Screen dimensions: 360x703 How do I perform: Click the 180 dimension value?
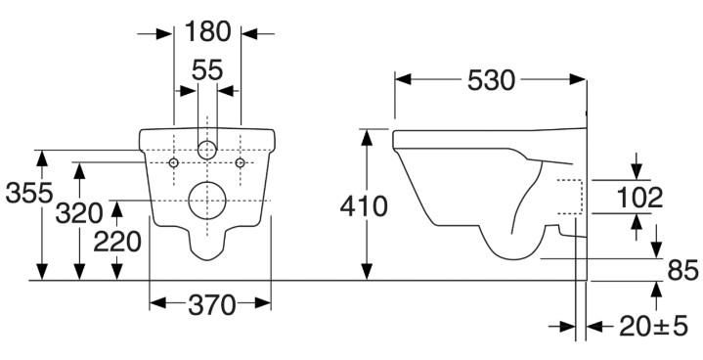(207, 31)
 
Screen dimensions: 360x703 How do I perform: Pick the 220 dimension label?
(117, 241)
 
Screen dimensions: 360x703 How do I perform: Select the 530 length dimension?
(489, 80)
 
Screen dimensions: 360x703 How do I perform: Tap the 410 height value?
(364, 206)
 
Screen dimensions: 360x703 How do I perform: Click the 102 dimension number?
(639, 199)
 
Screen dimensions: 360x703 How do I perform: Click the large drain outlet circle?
(206, 202)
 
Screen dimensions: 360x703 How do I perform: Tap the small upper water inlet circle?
(206, 150)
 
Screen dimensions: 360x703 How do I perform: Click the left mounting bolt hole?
(173, 161)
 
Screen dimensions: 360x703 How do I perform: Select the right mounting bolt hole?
(240, 161)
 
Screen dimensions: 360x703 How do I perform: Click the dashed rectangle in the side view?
(570, 197)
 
